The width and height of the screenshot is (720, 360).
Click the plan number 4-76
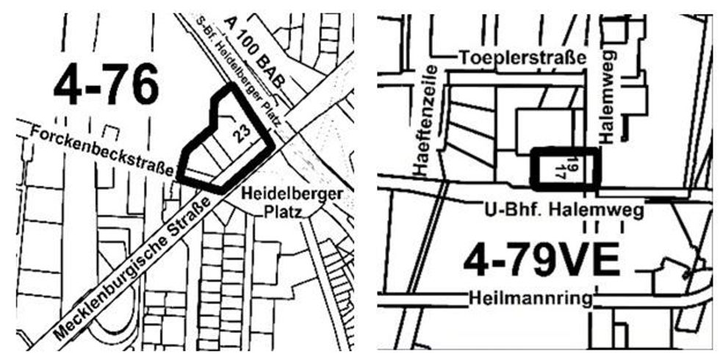tap(106, 86)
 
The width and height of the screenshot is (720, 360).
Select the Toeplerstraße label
tap(522, 57)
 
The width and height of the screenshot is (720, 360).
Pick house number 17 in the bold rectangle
tap(561, 172)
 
